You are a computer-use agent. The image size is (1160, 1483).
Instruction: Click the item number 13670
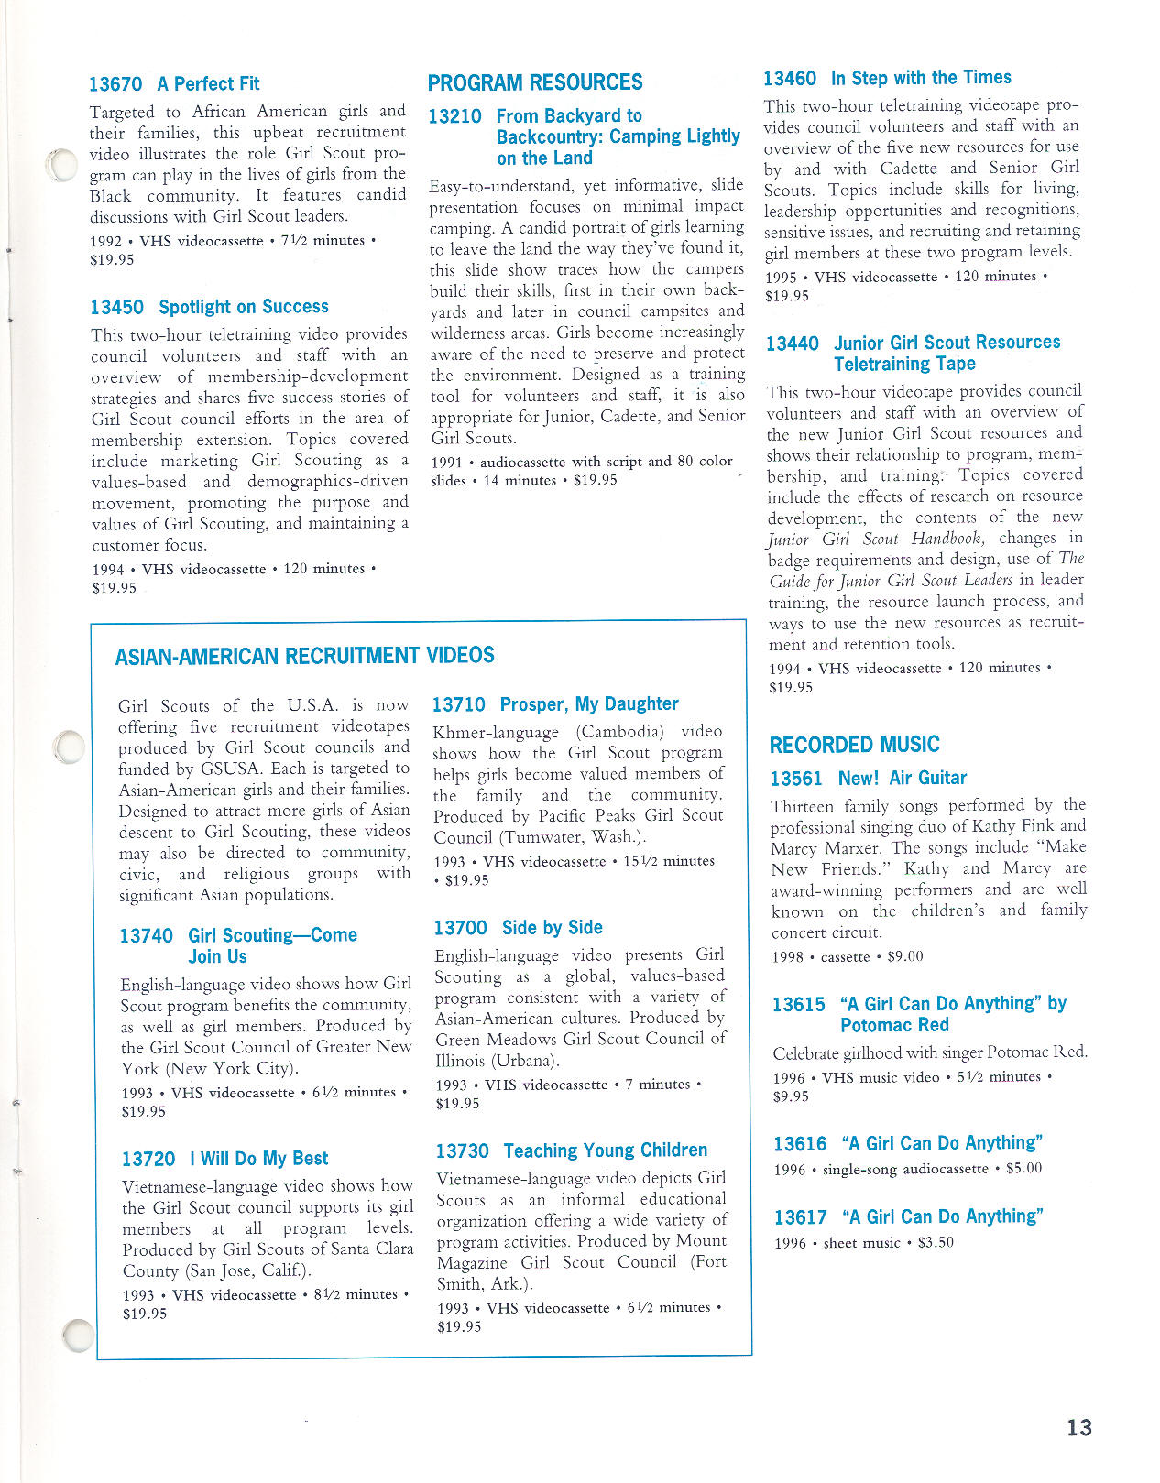click(115, 84)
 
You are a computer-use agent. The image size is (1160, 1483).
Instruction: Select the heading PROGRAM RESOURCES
click(535, 82)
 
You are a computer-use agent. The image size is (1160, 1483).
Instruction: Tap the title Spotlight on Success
click(243, 307)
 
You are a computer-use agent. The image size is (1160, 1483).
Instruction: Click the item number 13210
click(454, 116)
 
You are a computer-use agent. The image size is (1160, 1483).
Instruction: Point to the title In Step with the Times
click(921, 78)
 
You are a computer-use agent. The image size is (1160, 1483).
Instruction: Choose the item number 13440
click(793, 343)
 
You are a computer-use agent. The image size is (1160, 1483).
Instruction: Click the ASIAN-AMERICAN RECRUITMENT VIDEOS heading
click(304, 656)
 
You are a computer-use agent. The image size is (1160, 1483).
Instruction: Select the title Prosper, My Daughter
click(589, 704)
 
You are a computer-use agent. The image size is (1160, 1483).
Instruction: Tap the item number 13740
click(146, 936)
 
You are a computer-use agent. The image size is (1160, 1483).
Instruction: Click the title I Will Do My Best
click(258, 1159)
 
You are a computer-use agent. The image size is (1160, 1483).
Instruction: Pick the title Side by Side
click(553, 928)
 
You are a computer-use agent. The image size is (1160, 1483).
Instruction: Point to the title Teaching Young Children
click(606, 1150)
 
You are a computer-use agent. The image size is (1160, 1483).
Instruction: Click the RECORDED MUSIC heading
click(854, 745)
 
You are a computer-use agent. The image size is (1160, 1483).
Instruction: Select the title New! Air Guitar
click(903, 779)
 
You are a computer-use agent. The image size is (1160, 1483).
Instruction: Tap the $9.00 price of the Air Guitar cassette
click(905, 956)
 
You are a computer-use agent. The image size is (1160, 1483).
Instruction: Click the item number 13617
click(800, 1217)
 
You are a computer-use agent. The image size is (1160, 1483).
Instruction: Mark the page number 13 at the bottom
click(1079, 1427)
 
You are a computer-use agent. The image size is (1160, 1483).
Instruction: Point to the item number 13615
click(798, 1005)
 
